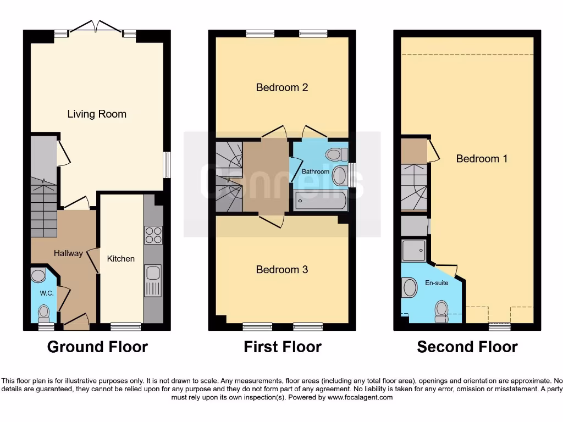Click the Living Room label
click(x=97, y=114)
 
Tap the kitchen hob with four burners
click(x=153, y=235)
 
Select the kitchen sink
click(x=153, y=280)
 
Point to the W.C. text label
click(x=47, y=293)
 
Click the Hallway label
click(x=68, y=253)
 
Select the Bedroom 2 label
click(x=282, y=87)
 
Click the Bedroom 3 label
click(x=282, y=270)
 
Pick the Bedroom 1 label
click(x=482, y=159)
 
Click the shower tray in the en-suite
click(x=414, y=251)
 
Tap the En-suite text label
click(x=437, y=283)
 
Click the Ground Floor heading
click(x=97, y=347)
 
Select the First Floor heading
click(x=283, y=347)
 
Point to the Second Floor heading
click(x=467, y=347)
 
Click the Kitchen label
click(x=121, y=259)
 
